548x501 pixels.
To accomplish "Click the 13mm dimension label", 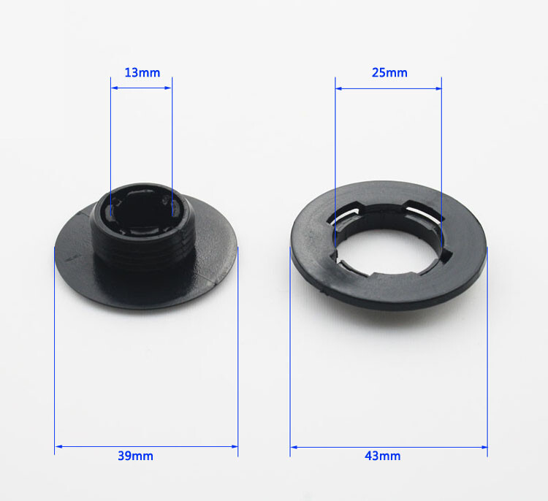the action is pyautogui.click(x=142, y=73).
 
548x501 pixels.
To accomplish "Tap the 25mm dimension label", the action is pyautogui.click(x=389, y=73).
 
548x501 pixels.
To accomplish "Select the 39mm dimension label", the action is pyautogui.click(x=135, y=456).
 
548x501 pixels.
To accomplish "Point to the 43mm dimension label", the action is pyautogui.click(x=382, y=456).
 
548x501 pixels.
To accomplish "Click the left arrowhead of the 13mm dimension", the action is pyautogui.click(x=114, y=88).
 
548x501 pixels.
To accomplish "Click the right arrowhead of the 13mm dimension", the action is pyautogui.click(x=169, y=88).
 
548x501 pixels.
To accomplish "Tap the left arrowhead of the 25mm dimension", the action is pyautogui.click(x=338, y=89).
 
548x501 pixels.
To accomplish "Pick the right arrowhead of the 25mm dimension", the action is pyautogui.click(x=438, y=89).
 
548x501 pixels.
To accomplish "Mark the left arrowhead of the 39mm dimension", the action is pyautogui.click(x=58, y=446).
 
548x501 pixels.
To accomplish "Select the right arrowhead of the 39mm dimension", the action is pyautogui.click(x=235, y=446).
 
